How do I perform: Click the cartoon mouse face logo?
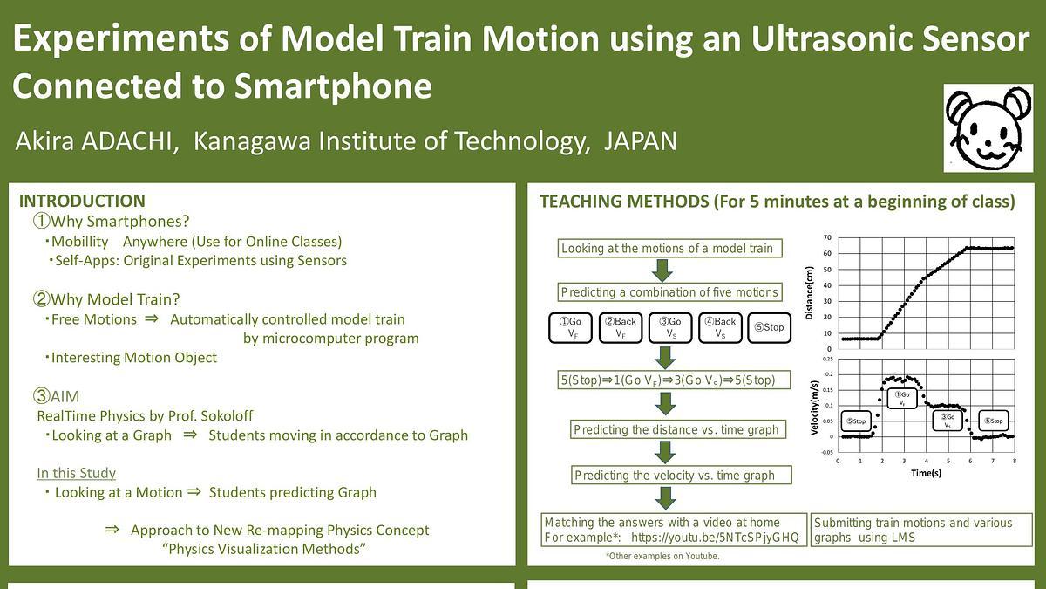coord(988,127)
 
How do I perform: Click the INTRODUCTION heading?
coord(82,202)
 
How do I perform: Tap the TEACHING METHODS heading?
coord(777,202)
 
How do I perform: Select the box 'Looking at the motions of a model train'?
coord(667,249)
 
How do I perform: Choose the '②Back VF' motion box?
coord(621,328)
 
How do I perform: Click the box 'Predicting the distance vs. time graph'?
coord(676,430)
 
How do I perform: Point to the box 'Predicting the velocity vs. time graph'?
coord(674,475)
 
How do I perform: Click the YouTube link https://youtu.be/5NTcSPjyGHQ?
coord(714,538)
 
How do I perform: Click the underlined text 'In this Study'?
coord(76,473)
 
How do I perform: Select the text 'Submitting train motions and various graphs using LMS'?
coord(913,530)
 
